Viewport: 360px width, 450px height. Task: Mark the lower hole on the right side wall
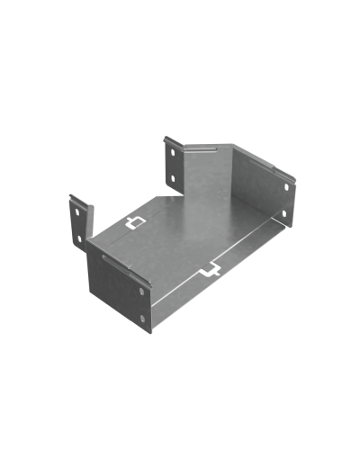coord(284,214)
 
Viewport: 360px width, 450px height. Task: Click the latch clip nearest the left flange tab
coord(135,221)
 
